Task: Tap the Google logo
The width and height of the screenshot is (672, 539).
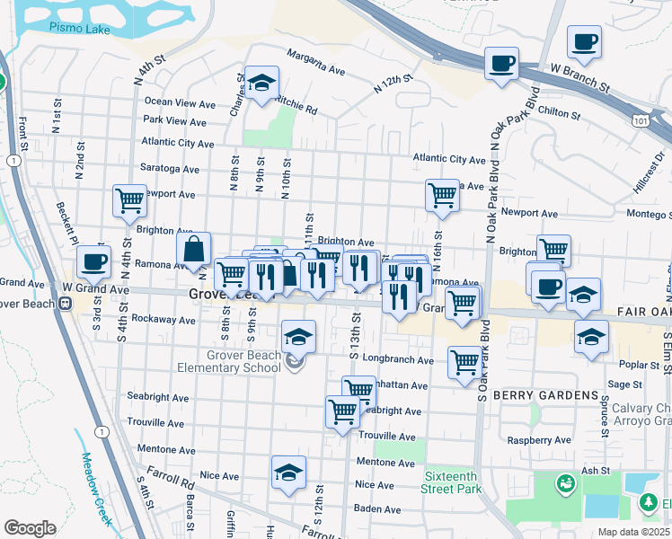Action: [x=30, y=527]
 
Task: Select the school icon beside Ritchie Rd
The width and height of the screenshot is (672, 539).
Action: [x=261, y=84]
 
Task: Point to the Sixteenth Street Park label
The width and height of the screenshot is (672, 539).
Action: [x=452, y=483]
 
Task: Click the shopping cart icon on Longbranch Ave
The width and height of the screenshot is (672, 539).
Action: [x=464, y=363]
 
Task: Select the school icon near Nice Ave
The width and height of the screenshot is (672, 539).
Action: [x=288, y=472]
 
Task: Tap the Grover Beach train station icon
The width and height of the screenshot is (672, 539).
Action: [x=66, y=303]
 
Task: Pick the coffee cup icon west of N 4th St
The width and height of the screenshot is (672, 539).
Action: [x=93, y=263]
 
